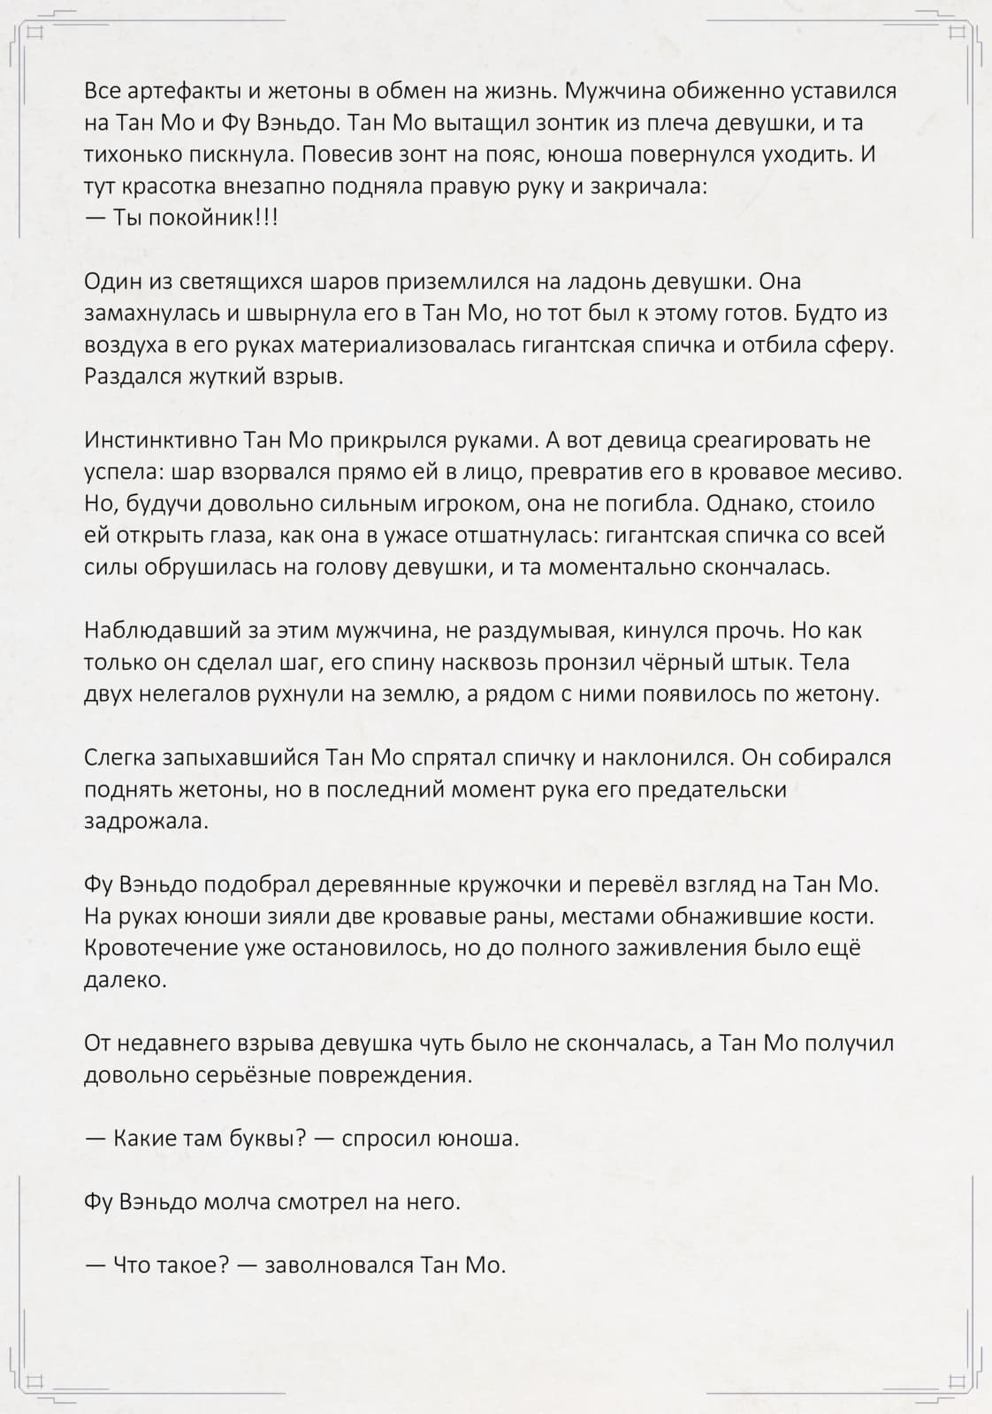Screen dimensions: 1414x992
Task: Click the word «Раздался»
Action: pos(133,377)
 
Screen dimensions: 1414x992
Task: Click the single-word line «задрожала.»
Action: pos(147,821)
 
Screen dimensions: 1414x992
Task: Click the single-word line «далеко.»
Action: pos(125,980)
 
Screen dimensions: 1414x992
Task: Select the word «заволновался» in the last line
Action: pos(338,1266)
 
